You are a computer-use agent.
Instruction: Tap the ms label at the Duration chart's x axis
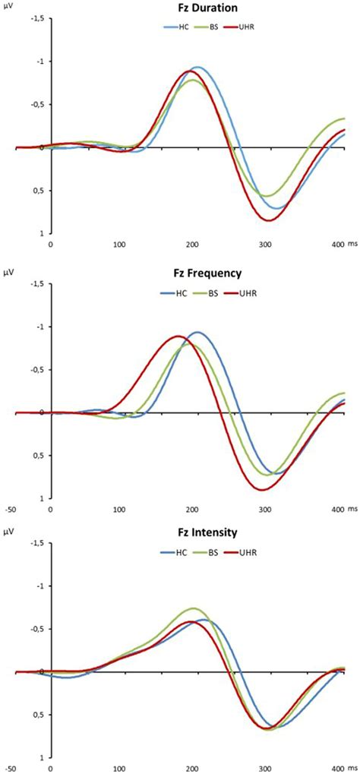pyautogui.click(x=352, y=244)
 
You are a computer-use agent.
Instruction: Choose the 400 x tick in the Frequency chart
pyautogui.click(x=336, y=507)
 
